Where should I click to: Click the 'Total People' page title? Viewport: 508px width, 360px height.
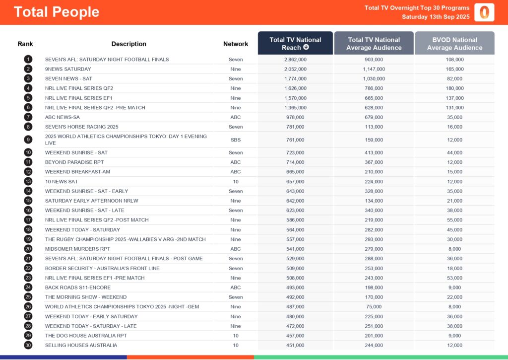56,12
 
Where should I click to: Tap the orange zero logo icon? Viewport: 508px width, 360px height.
484,12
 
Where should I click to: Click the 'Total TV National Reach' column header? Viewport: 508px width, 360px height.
295,44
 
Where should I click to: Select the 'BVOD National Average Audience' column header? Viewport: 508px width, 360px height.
454,44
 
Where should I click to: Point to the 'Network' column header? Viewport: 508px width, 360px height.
236,44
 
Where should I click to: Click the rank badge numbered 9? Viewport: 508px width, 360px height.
28,140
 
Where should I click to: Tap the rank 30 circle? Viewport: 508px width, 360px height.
28,345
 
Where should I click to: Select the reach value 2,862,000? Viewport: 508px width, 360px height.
295,60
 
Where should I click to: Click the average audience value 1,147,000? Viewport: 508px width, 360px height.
374,69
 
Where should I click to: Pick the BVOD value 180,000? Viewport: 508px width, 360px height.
454,88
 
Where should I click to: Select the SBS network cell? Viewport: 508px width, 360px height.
236,140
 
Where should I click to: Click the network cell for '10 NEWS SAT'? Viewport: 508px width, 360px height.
236,182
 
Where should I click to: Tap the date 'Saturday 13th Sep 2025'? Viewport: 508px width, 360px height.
436,17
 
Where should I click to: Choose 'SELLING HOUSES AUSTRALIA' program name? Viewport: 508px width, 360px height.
81,345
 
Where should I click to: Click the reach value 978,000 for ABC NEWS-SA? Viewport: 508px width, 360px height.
295,118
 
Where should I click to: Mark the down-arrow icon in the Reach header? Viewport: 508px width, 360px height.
306,48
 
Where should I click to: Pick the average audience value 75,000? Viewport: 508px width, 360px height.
374,307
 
